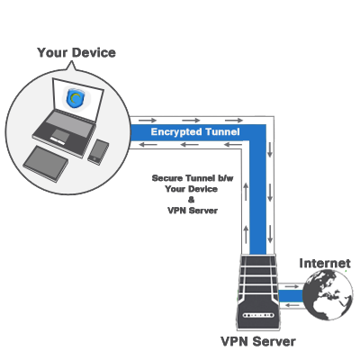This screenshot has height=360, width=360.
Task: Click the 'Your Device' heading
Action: click(x=76, y=53)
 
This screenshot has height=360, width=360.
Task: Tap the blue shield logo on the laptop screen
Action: click(x=75, y=98)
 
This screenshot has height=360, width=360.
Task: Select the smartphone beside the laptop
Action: click(x=98, y=152)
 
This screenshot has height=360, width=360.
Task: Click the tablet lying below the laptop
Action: click(x=46, y=164)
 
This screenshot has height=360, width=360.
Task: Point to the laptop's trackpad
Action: click(x=61, y=135)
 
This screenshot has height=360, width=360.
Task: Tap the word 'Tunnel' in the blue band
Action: click(x=222, y=131)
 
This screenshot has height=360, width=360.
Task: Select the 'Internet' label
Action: click(x=325, y=264)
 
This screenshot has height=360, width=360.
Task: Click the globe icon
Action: click(x=328, y=294)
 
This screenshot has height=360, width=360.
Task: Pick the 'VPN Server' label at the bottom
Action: click(x=258, y=341)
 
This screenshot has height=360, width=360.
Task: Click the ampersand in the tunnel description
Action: click(x=191, y=200)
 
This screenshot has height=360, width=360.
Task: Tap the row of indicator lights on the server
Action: click(x=258, y=316)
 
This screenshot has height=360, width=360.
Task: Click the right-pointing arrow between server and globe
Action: click(x=292, y=287)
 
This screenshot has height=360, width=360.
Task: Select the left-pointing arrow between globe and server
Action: click(x=292, y=305)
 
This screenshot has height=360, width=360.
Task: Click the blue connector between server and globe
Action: click(x=291, y=296)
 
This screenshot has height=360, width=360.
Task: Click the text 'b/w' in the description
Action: click(x=225, y=178)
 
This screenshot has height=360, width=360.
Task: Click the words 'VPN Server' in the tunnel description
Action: click(x=193, y=211)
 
